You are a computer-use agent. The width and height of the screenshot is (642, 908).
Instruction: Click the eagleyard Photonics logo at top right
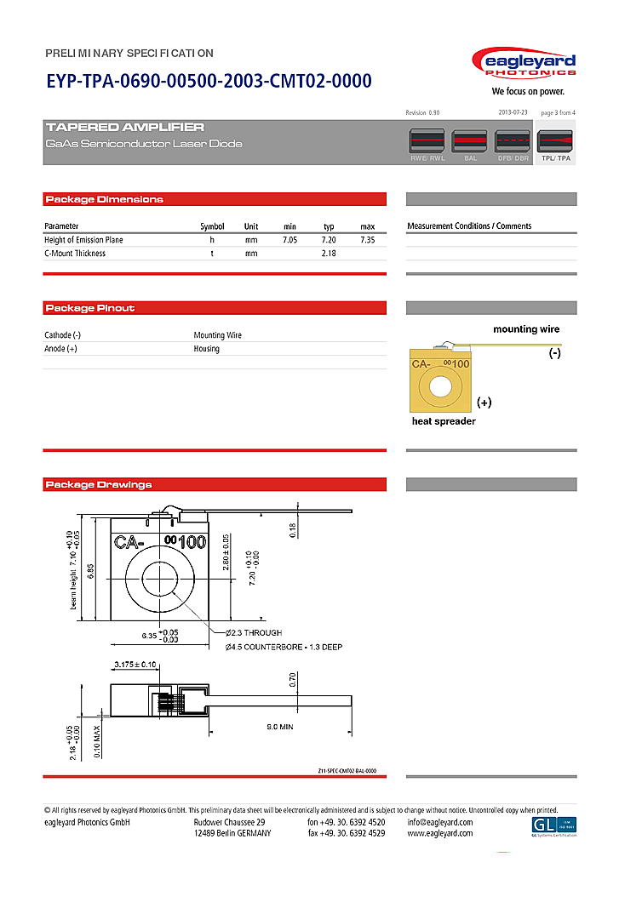tap(524, 66)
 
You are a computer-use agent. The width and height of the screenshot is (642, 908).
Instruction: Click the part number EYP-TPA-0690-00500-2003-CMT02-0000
tap(209, 82)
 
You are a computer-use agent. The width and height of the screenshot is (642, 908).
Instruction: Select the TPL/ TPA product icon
tap(555, 140)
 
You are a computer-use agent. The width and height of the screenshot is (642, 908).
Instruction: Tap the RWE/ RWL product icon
tap(427, 140)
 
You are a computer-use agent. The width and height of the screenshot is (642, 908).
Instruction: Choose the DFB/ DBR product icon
tap(512, 140)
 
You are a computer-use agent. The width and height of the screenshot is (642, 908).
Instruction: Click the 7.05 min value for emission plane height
tap(289, 240)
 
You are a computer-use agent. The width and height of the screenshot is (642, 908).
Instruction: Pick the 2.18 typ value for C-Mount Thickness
tap(329, 254)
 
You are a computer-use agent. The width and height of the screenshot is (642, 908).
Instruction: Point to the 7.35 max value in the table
tap(367, 240)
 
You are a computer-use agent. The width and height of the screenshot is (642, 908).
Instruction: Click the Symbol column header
tap(212, 226)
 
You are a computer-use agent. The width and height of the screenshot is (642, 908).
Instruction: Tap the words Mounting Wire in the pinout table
tap(218, 335)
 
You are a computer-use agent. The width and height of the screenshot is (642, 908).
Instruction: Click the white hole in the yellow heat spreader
tap(440, 386)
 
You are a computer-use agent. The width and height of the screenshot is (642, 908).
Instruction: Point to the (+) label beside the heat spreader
tap(484, 402)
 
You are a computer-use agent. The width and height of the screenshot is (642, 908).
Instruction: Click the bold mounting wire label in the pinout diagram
tap(526, 329)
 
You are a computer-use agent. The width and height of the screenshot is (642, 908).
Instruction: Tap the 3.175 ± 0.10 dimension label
tap(135, 664)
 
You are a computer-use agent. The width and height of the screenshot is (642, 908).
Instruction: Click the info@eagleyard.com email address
tap(439, 822)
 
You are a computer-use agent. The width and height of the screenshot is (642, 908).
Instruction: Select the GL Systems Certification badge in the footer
tap(553, 825)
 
